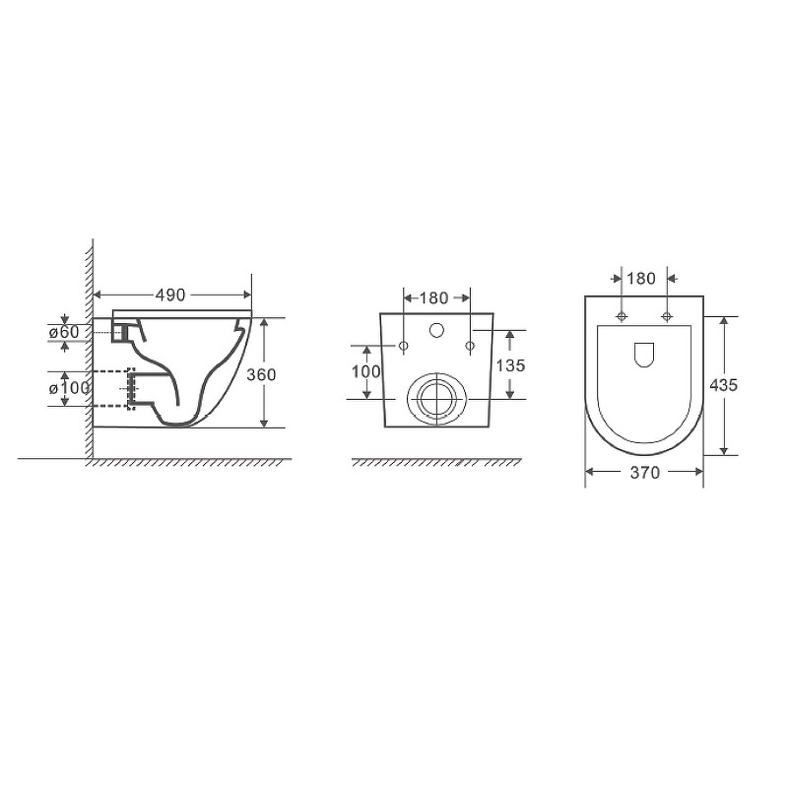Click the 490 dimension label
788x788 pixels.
[170, 295]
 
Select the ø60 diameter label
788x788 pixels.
[64, 332]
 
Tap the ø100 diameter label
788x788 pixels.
[69, 388]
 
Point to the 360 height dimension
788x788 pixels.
[261, 374]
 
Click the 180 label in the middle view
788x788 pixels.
[433, 298]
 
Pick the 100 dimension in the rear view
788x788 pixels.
[365, 372]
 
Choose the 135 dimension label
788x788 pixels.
[510, 365]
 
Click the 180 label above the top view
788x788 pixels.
[641, 278]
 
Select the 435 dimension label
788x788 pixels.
[724, 385]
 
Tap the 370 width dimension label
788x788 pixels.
[645, 473]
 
